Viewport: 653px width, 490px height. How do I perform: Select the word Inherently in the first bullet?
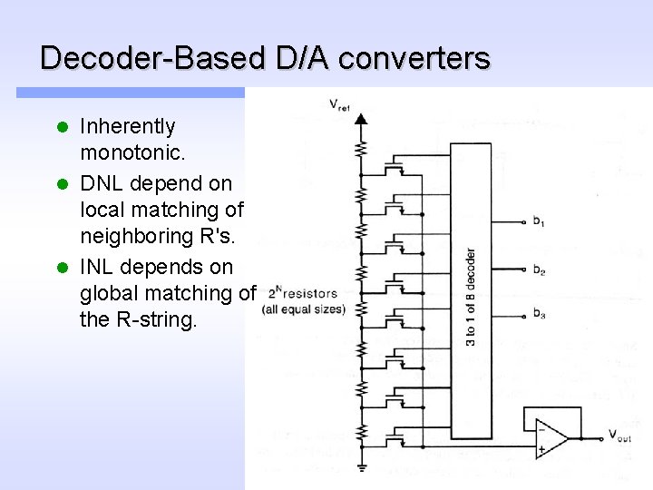point(128,126)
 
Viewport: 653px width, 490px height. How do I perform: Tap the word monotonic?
point(128,154)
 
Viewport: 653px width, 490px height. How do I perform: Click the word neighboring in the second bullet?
point(139,238)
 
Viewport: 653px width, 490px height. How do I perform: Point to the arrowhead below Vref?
point(361,118)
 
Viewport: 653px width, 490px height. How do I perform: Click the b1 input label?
point(539,221)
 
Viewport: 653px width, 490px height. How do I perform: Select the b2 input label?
point(539,269)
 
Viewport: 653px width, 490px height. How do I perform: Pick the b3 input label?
point(539,315)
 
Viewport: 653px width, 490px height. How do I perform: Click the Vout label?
point(619,436)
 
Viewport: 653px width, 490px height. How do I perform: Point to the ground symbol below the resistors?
point(361,467)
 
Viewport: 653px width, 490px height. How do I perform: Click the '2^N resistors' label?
point(303,293)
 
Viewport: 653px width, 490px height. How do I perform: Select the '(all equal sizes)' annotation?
point(304,309)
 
